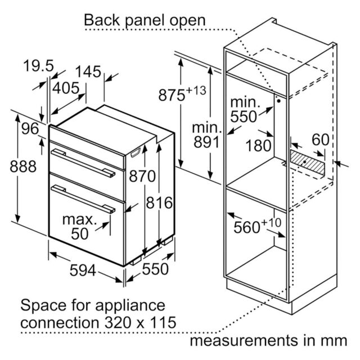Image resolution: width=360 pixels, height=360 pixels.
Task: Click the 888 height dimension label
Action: (23, 166)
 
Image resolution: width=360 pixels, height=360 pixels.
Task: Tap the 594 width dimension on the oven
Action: (83, 270)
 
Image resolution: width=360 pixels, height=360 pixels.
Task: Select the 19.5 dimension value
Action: (38, 66)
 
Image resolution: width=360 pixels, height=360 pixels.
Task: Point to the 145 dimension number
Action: (88, 71)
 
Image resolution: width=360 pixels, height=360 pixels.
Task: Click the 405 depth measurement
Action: (66, 88)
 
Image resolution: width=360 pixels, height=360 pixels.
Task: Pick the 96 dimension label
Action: (30, 129)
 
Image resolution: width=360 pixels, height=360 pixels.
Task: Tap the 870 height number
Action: (142, 176)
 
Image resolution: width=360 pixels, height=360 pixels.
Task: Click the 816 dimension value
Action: (159, 203)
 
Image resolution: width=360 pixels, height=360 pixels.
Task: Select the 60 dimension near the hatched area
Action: (321, 139)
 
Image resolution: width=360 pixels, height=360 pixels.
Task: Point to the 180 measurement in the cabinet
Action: (259, 146)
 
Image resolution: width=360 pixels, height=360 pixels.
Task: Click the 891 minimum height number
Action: (206, 142)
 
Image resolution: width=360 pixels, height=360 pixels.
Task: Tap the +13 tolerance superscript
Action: (196, 91)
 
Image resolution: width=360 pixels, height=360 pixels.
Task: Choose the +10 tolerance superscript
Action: (271, 223)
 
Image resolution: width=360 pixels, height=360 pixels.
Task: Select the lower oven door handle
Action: (83, 199)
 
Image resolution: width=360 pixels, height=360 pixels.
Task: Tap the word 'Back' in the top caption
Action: (102, 20)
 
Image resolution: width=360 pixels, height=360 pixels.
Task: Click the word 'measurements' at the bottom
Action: (244, 341)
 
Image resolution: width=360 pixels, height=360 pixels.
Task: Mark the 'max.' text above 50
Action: (80, 220)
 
